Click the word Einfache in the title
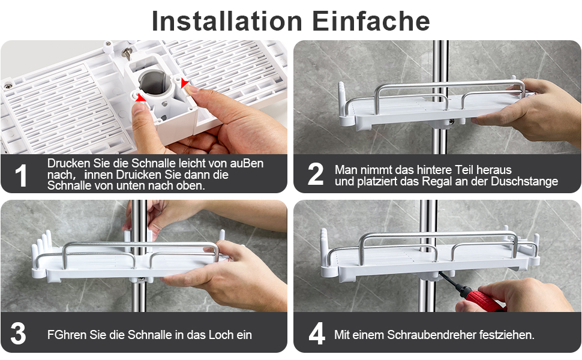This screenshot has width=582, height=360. point(371,21)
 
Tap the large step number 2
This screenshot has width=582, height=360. point(316,175)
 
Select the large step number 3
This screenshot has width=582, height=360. point(19,334)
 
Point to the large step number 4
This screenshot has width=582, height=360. point(316,334)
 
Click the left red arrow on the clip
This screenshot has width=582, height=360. point(140,97)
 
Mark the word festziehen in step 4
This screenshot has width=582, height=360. point(505,335)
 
